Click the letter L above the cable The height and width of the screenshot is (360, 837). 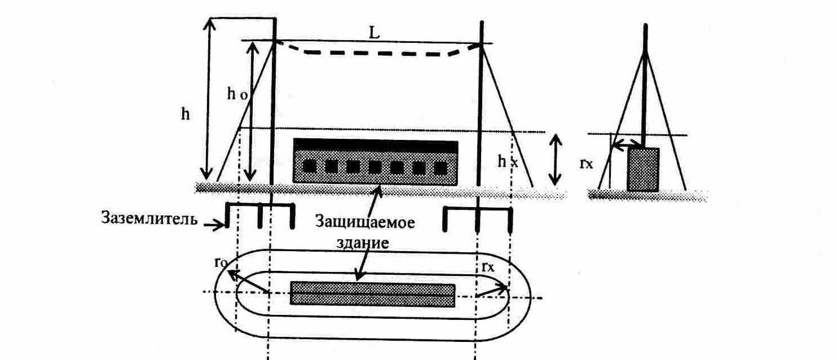tap(374, 33)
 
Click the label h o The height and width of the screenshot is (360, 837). tap(237, 95)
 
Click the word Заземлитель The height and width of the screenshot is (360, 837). tap(149, 218)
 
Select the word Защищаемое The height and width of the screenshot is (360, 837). tap(365, 222)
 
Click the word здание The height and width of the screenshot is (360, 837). tap(367, 244)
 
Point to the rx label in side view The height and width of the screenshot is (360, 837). tap(587, 163)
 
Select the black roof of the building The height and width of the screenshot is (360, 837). tap(376, 145)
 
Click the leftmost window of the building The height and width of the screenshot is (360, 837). tap(309, 166)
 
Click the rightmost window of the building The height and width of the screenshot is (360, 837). tap(440, 167)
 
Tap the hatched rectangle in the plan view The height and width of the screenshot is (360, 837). tap(372, 294)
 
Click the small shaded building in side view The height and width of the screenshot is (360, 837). tap(643, 169)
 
